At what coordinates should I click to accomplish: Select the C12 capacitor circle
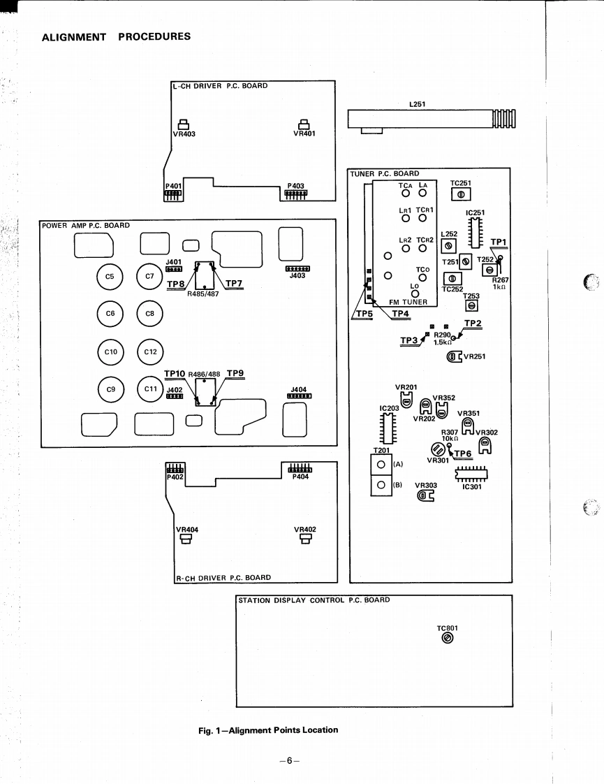point(150,352)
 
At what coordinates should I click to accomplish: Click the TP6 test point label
point(462,453)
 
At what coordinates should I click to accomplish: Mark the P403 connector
point(295,193)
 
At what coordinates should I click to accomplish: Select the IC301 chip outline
point(471,475)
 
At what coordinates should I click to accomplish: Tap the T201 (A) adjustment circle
point(381,465)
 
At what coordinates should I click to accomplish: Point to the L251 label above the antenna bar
point(418,103)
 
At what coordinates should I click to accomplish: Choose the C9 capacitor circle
point(110,389)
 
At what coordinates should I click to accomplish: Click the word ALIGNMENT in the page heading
point(74,37)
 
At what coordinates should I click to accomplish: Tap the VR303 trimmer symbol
point(425,496)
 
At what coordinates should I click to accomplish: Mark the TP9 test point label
point(235,373)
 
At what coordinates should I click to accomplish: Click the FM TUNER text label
point(408,302)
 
